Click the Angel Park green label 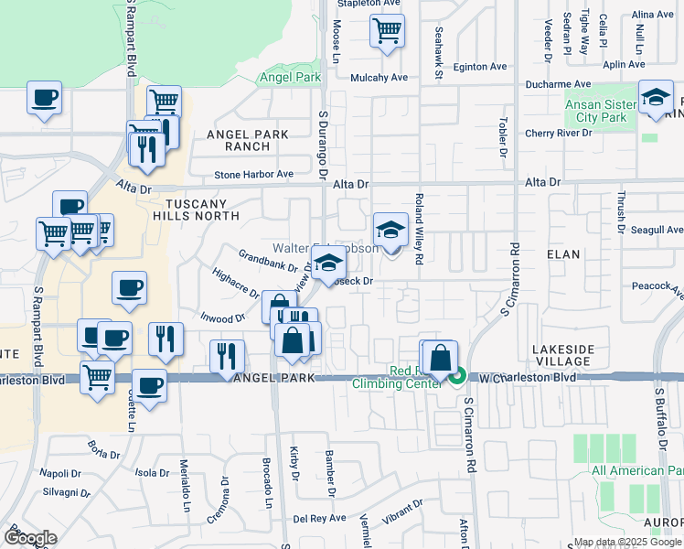290,78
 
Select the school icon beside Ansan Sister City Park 656,100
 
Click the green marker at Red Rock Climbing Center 459,376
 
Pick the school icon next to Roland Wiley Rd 390,230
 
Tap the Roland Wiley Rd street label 418,229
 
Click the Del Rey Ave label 319,517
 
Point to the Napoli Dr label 60,474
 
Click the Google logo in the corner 30,538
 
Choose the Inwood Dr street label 223,318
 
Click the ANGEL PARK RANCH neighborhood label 247,140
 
